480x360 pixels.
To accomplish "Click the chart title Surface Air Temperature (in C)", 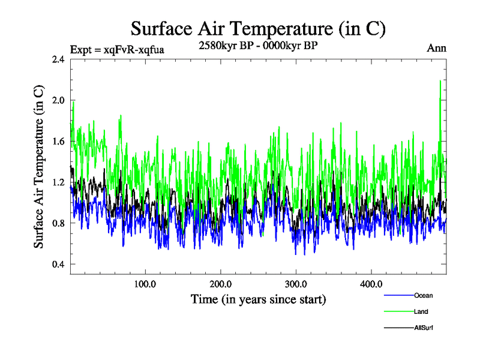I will coord(258,28).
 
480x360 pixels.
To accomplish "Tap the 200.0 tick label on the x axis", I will coord(221,284).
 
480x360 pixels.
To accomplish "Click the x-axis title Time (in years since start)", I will coord(258,298).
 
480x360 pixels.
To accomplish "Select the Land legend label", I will coord(421,311).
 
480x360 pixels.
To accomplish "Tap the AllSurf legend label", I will coord(424,328).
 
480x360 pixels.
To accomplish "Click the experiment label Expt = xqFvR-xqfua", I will coord(117,49).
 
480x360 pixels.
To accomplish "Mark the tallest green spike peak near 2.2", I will coord(440,80).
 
